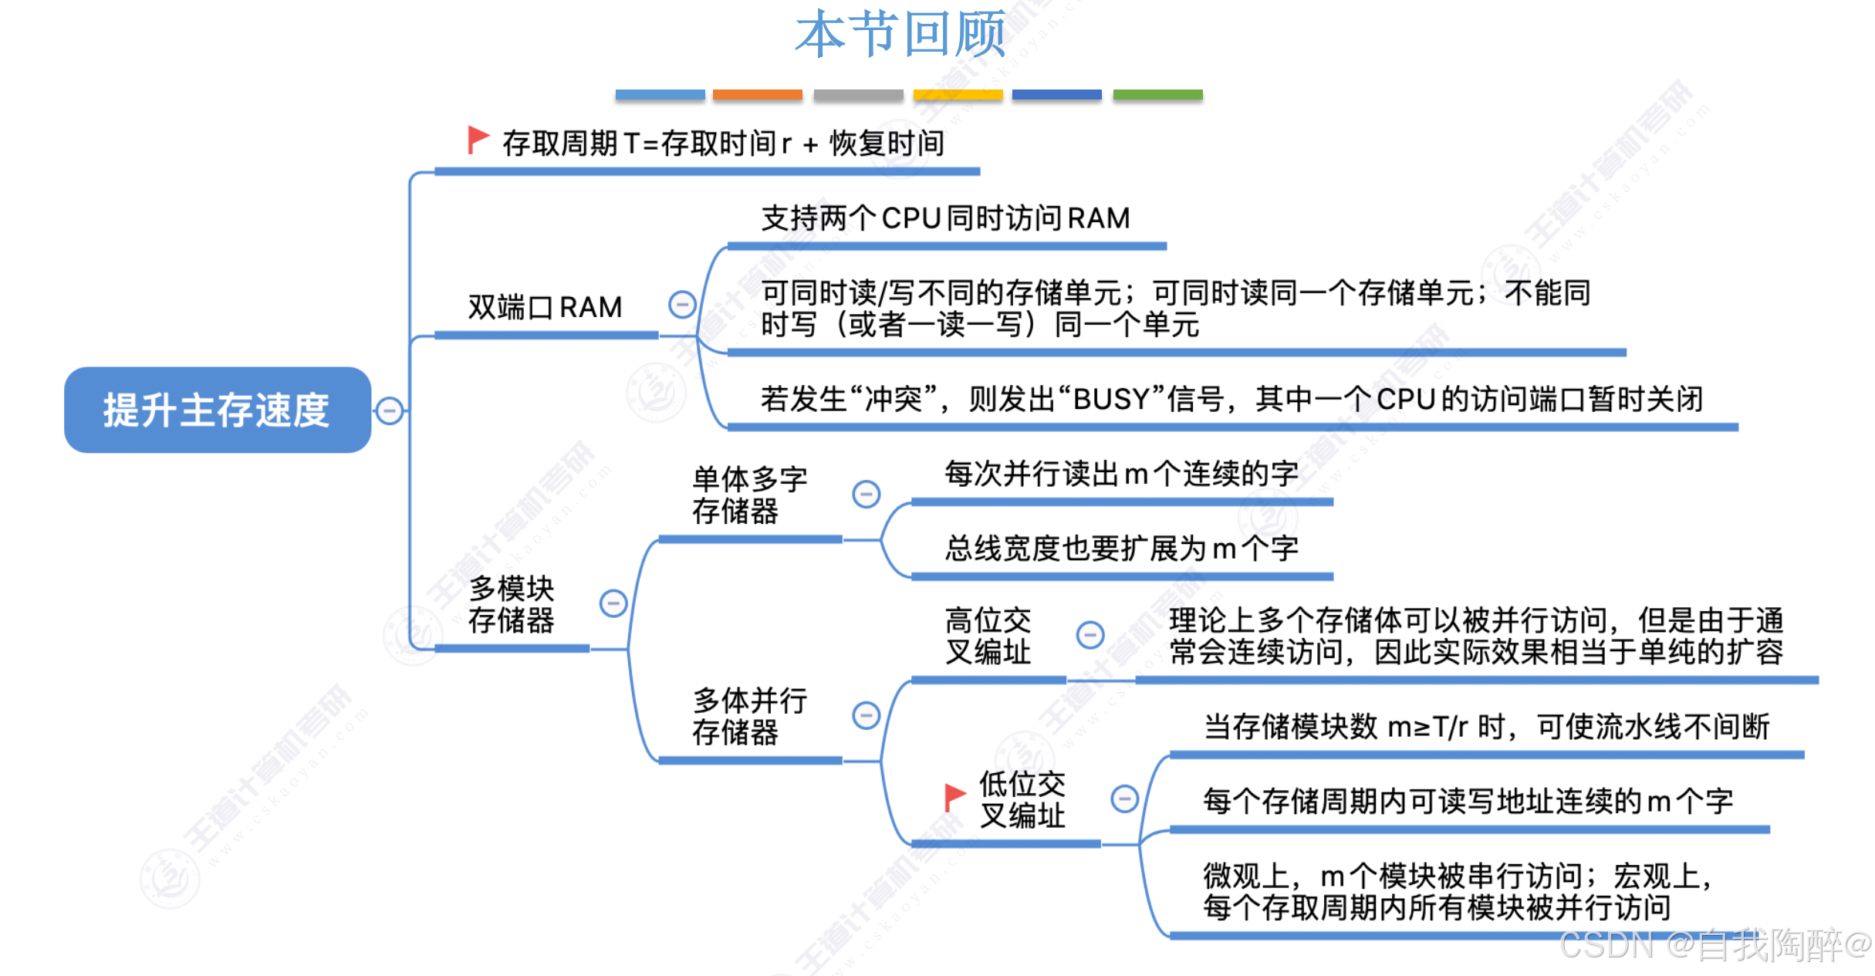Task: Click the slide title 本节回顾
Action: click(900, 35)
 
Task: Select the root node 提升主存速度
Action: click(217, 410)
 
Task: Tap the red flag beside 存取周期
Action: click(478, 140)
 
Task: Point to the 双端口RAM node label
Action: click(545, 307)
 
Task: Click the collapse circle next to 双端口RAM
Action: click(682, 304)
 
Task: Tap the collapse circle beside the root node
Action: click(390, 410)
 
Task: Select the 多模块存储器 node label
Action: click(511, 605)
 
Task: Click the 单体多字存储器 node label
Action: click(749, 495)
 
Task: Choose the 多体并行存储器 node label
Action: click(749, 717)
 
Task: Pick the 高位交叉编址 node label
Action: click(988, 637)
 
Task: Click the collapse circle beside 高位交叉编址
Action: click(1090, 635)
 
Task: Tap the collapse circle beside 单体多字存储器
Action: click(866, 494)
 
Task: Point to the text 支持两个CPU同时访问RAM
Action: click(945, 218)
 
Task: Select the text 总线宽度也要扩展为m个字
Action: click(1121, 549)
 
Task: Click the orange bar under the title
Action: click(757, 95)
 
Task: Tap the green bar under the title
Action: click(1157, 95)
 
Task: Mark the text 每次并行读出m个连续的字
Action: click(1121, 474)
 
